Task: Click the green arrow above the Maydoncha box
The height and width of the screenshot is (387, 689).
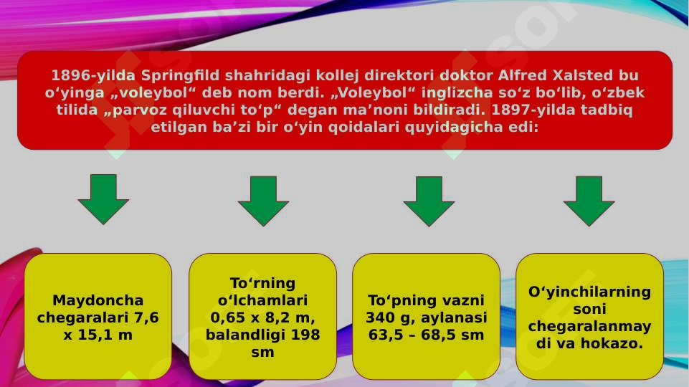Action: tap(103, 197)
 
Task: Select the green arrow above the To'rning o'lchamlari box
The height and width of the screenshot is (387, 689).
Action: tap(263, 199)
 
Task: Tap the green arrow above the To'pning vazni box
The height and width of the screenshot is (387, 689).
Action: tap(429, 199)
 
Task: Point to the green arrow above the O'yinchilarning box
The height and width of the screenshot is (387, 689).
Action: tap(589, 199)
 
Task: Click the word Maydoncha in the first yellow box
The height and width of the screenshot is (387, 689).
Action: tap(98, 300)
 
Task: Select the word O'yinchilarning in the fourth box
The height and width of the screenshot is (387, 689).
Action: tap(589, 292)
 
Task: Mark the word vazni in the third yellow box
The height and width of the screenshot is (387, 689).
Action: tap(465, 300)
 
